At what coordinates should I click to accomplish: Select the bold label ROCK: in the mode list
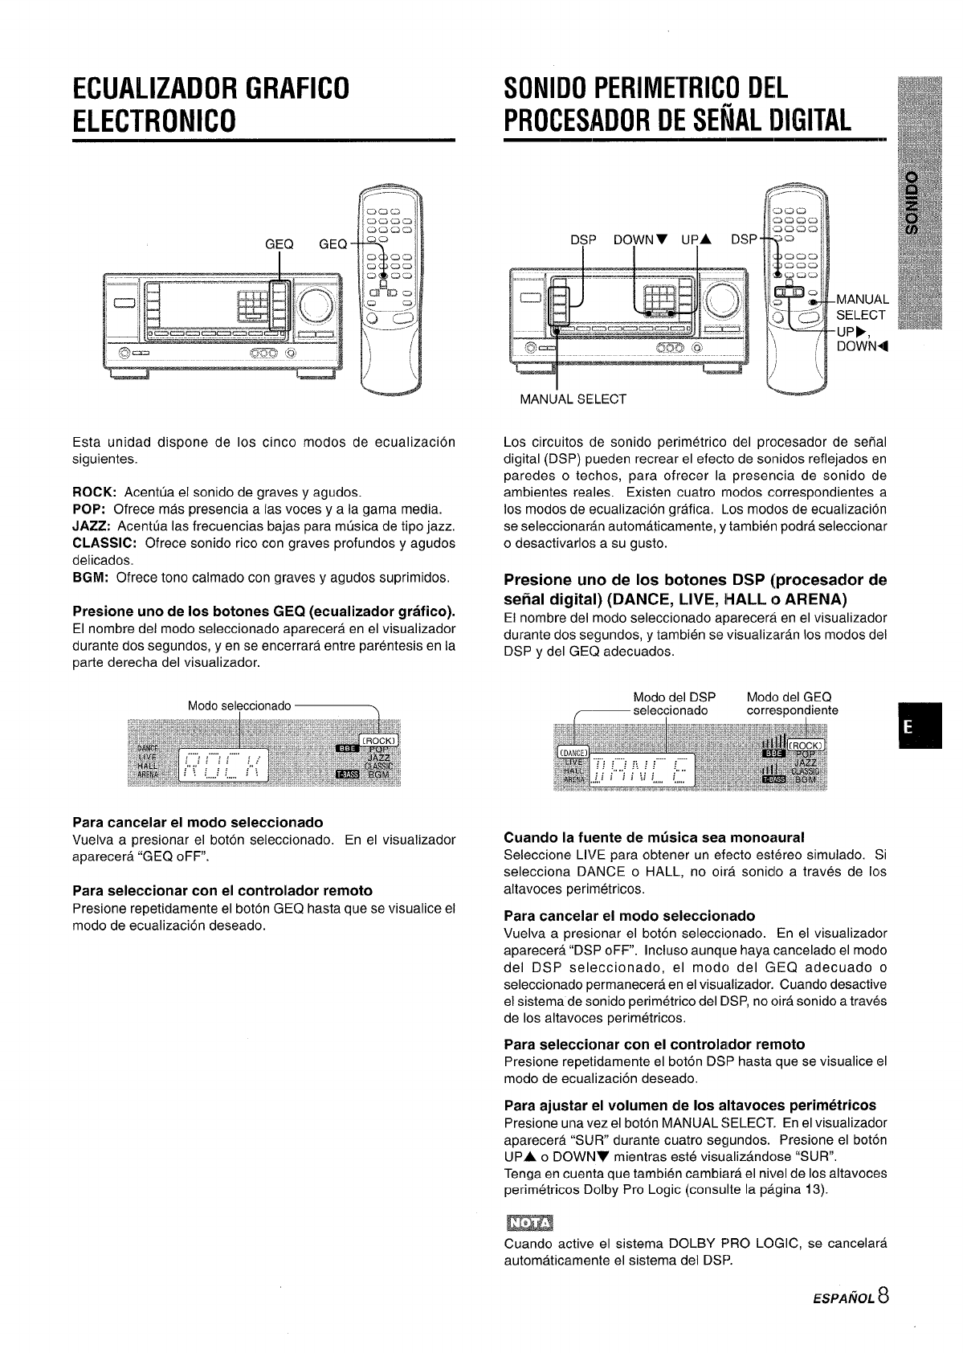(x=96, y=492)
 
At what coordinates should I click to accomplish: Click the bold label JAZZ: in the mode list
(x=92, y=526)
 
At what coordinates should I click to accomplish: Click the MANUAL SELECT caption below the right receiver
(x=573, y=399)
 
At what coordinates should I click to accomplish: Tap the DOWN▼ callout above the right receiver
(x=642, y=240)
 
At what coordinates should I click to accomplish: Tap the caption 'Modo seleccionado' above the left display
(x=239, y=705)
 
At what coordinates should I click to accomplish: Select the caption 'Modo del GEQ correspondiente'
(x=792, y=704)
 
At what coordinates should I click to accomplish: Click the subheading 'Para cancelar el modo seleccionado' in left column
(x=198, y=822)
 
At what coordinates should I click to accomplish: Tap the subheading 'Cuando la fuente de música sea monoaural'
(x=654, y=837)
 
